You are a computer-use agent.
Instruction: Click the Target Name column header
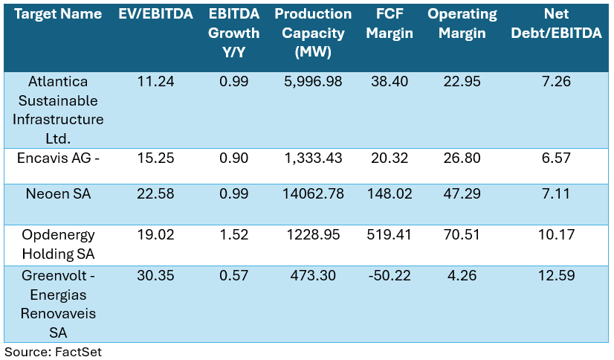[x=59, y=14]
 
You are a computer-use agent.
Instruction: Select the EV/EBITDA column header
[x=155, y=14]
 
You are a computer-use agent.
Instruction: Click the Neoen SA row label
[x=59, y=195]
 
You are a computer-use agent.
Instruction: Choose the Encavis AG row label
[x=59, y=158]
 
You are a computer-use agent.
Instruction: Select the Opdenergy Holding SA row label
[x=59, y=244]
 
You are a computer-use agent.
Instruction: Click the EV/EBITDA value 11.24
[x=155, y=82]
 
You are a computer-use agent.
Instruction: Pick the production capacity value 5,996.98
[x=313, y=82]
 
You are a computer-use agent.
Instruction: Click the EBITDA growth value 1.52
[x=233, y=235]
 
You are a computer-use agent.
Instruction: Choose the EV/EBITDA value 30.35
[x=155, y=276]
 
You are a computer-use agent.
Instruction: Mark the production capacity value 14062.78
[x=313, y=195]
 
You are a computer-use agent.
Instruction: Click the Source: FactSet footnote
[x=53, y=352]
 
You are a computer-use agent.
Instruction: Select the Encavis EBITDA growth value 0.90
[x=233, y=158]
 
